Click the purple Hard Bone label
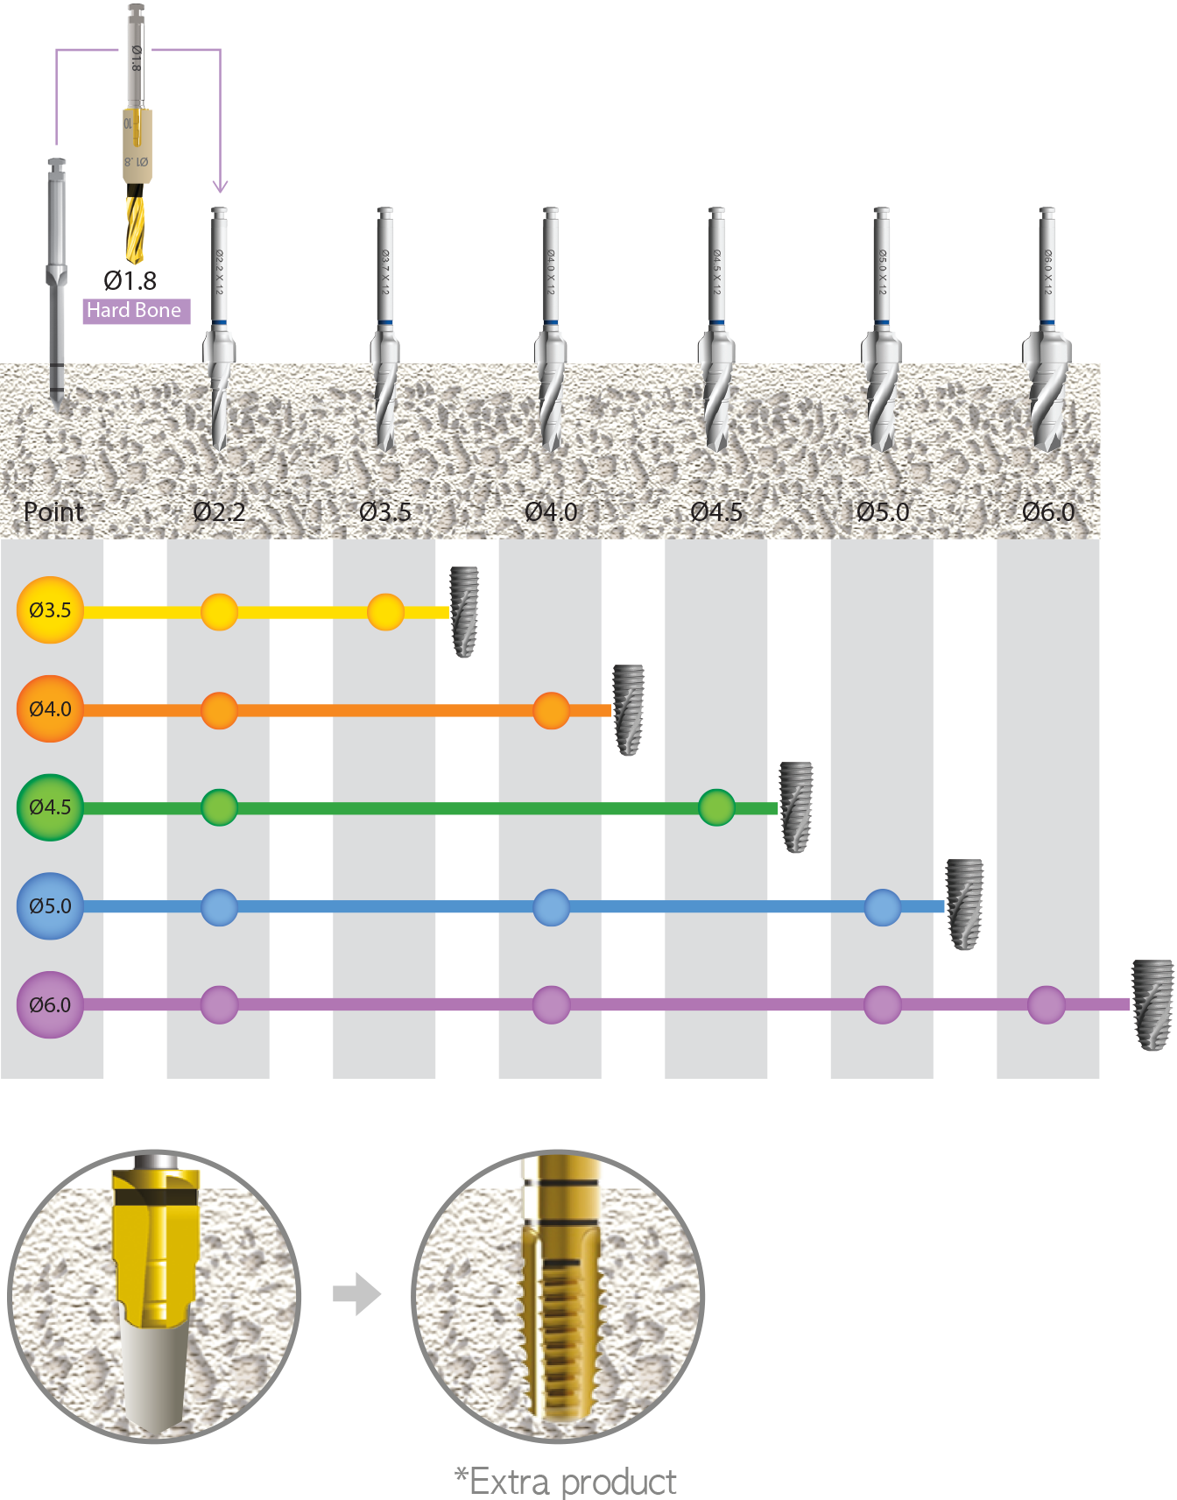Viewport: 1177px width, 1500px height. [136, 311]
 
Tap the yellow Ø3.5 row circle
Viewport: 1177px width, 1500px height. [50, 610]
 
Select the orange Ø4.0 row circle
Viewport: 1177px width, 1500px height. [50, 709]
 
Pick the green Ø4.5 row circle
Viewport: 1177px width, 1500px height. [50, 807]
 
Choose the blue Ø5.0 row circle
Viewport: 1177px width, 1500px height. [50, 906]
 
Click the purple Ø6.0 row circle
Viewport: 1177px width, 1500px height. [50, 1005]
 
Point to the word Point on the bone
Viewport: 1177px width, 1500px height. [53, 511]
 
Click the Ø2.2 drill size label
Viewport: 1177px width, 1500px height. [219, 511]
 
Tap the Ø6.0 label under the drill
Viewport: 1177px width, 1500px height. [1048, 511]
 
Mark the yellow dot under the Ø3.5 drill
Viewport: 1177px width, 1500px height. [385, 612]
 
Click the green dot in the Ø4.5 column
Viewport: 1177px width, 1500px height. [716, 807]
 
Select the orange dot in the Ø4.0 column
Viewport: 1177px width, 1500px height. [551, 710]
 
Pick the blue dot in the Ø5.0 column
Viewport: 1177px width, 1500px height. [882, 907]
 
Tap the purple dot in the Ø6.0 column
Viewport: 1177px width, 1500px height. [1046, 1005]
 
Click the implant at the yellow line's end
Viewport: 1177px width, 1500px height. [465, 611]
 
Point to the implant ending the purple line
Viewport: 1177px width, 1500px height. [1152, 1004]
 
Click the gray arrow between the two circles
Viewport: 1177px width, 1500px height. [357, 1293]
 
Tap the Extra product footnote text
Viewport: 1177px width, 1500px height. [566, 1482]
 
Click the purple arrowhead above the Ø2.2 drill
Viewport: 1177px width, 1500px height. [220, 186]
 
